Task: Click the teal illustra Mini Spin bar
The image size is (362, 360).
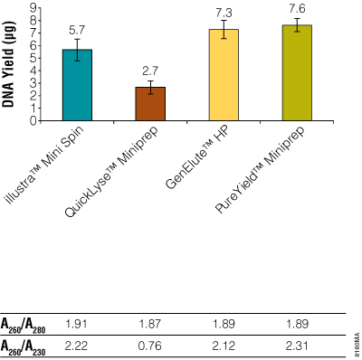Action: [x=77, y=85]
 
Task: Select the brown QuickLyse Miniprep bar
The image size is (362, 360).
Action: [x=150, y=103]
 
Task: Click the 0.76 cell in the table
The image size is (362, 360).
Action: [x=150, y=344]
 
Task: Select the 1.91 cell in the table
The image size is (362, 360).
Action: [x=77, y=323]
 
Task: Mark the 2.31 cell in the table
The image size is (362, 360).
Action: [x=297, y=344]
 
